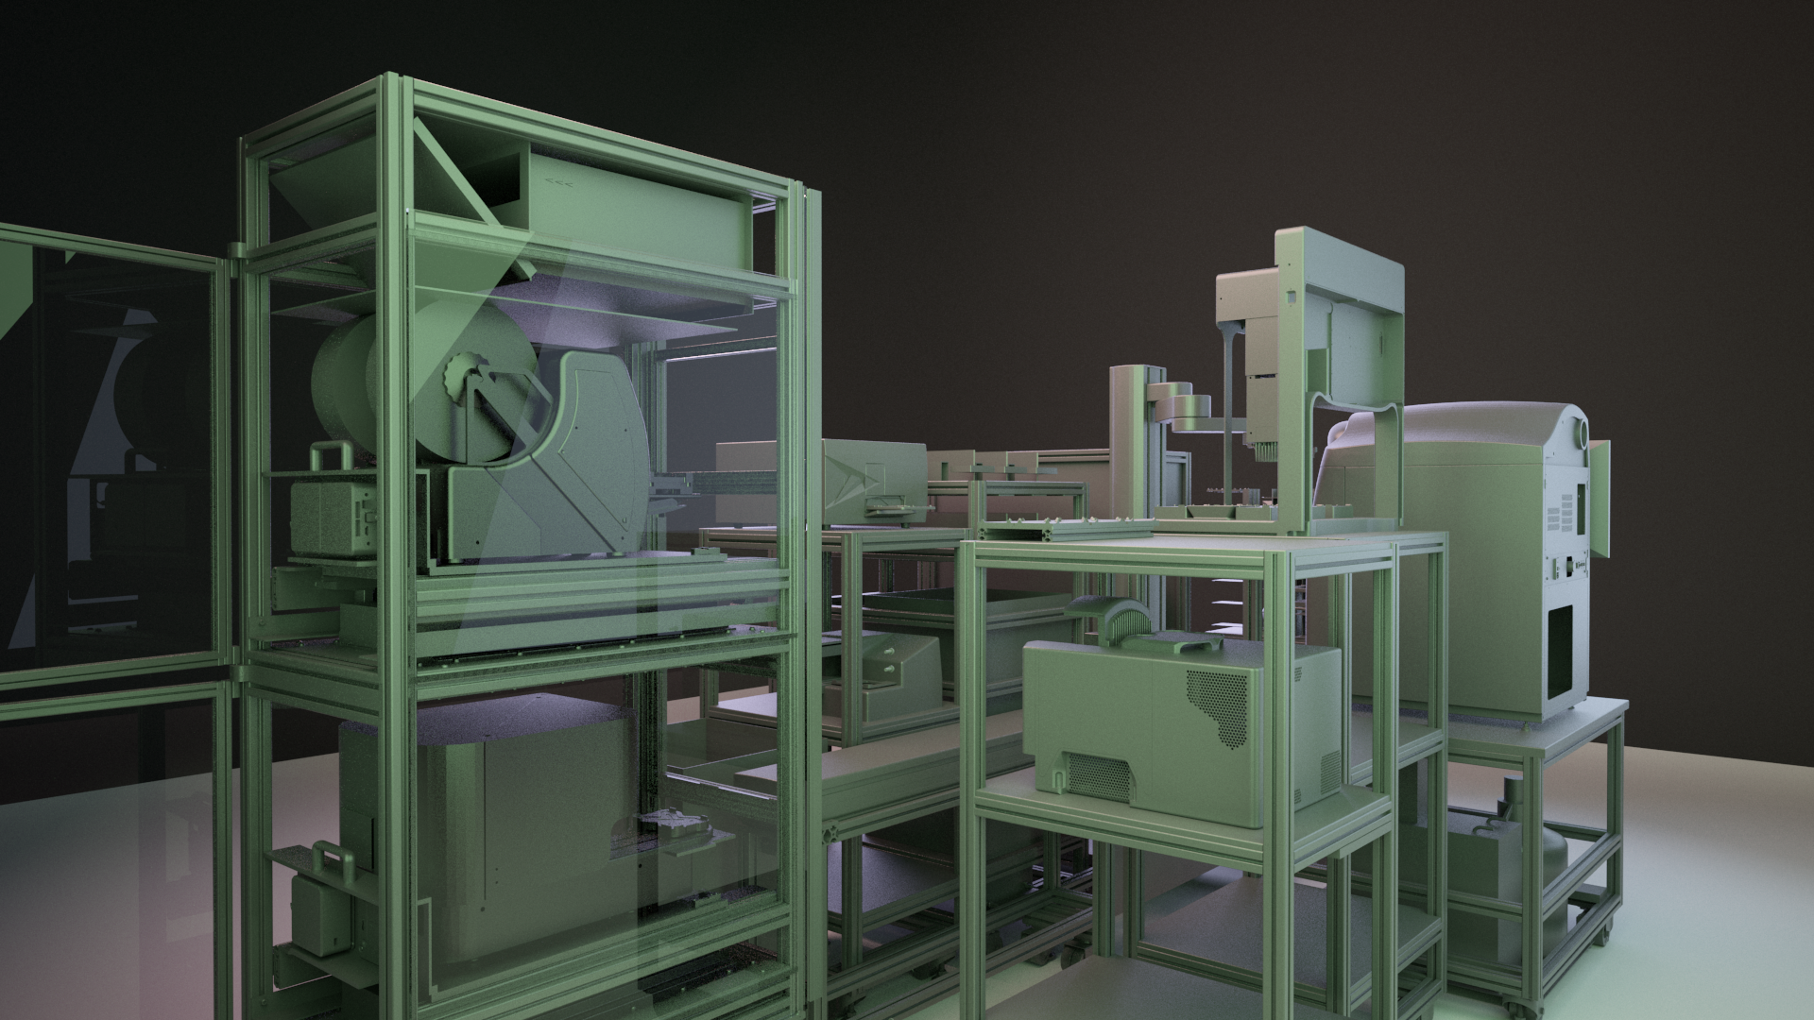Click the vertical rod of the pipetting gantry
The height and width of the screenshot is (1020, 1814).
pos(1225,416)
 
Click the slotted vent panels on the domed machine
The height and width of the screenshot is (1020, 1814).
pos(1564,515)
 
